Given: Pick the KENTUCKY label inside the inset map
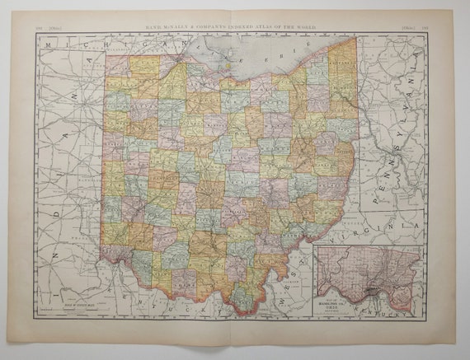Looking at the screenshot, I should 407,315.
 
